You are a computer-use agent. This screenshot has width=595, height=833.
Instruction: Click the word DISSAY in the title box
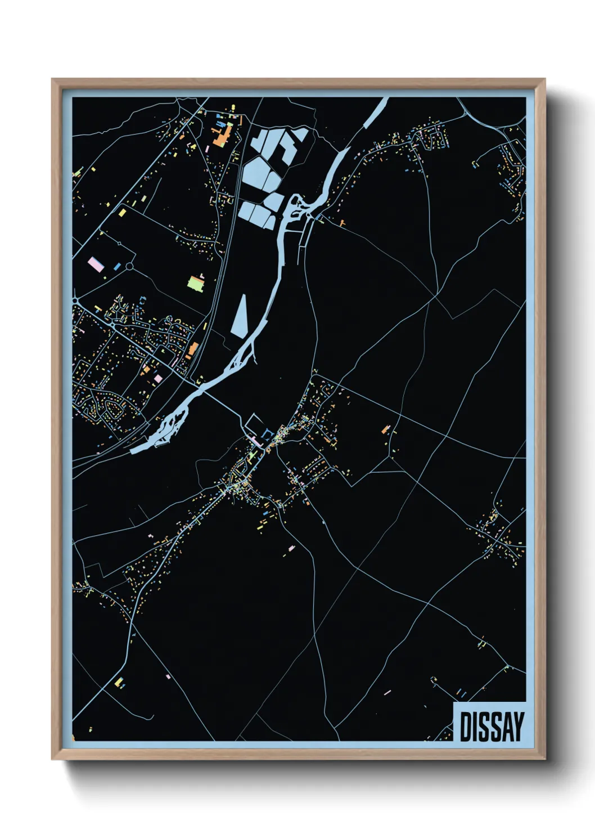click(492, 727)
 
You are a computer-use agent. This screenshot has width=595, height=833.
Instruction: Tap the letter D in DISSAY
click(466, 727)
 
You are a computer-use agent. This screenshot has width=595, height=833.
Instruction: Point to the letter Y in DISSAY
click(518, 727)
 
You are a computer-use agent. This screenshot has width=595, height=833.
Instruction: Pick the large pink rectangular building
click(96, 264)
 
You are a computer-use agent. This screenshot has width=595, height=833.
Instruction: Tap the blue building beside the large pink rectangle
click(117, 266)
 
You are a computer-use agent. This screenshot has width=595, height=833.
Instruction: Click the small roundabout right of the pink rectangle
click(130, 266)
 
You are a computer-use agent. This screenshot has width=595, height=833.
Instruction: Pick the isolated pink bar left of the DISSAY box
click(387, 692)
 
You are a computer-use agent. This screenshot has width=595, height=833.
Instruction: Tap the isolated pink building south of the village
click(291, 548)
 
